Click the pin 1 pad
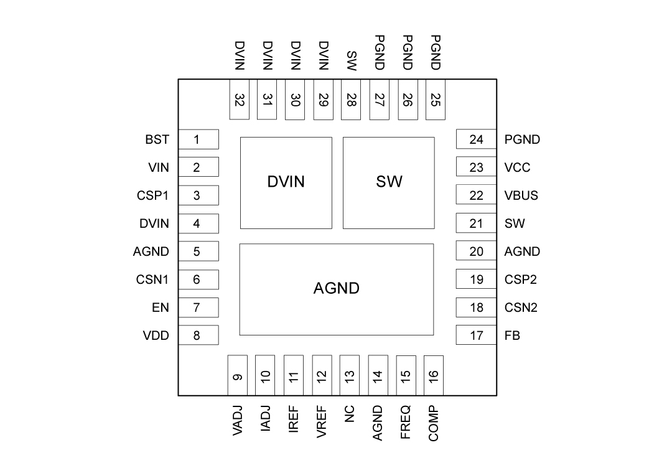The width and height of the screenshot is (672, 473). point(198,139)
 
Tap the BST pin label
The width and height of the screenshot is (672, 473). point(157,139)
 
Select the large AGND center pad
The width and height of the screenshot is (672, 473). point(336,289)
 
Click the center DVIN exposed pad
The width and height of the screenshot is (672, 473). point(286,182)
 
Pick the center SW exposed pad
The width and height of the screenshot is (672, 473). point(389,182)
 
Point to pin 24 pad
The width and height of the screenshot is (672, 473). point(476,139)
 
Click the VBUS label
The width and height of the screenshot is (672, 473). point(521,195)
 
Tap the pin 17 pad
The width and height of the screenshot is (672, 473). point(476,335)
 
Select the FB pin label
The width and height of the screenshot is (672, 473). point(512,335)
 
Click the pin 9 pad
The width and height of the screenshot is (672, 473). point(238,375)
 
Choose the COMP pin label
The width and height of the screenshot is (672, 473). point(434,423)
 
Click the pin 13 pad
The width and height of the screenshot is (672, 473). point(350,375)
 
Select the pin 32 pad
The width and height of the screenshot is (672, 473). point(240,100)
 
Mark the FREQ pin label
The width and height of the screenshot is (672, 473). point(406,423)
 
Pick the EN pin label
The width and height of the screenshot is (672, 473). point(161,307)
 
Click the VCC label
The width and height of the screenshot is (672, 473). point(518,167)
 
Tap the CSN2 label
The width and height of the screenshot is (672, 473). point(521,307)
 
